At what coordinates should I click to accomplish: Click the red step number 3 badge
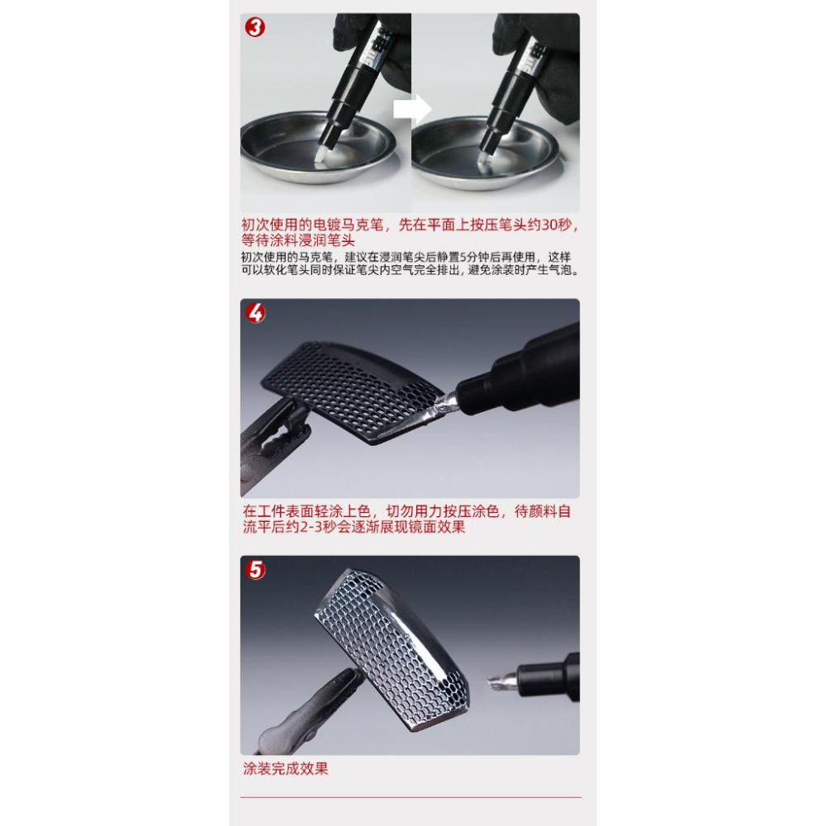[x=256, y=27]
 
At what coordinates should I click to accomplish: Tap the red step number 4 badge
[x=256, y=313]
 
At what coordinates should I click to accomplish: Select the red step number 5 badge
[x=256, y=570]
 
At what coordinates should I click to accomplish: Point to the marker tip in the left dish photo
[x=324, y=151]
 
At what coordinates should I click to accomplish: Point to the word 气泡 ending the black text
[x=564, y=270]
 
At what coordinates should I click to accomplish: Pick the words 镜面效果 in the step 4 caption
[x=437, y=527]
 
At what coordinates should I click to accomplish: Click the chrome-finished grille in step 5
[x=388, y=644]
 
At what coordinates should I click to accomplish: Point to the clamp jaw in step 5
[x=330, y=694]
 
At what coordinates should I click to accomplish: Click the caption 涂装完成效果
[x=286, y=768]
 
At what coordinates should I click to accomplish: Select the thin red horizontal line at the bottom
[x=411, y=797]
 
